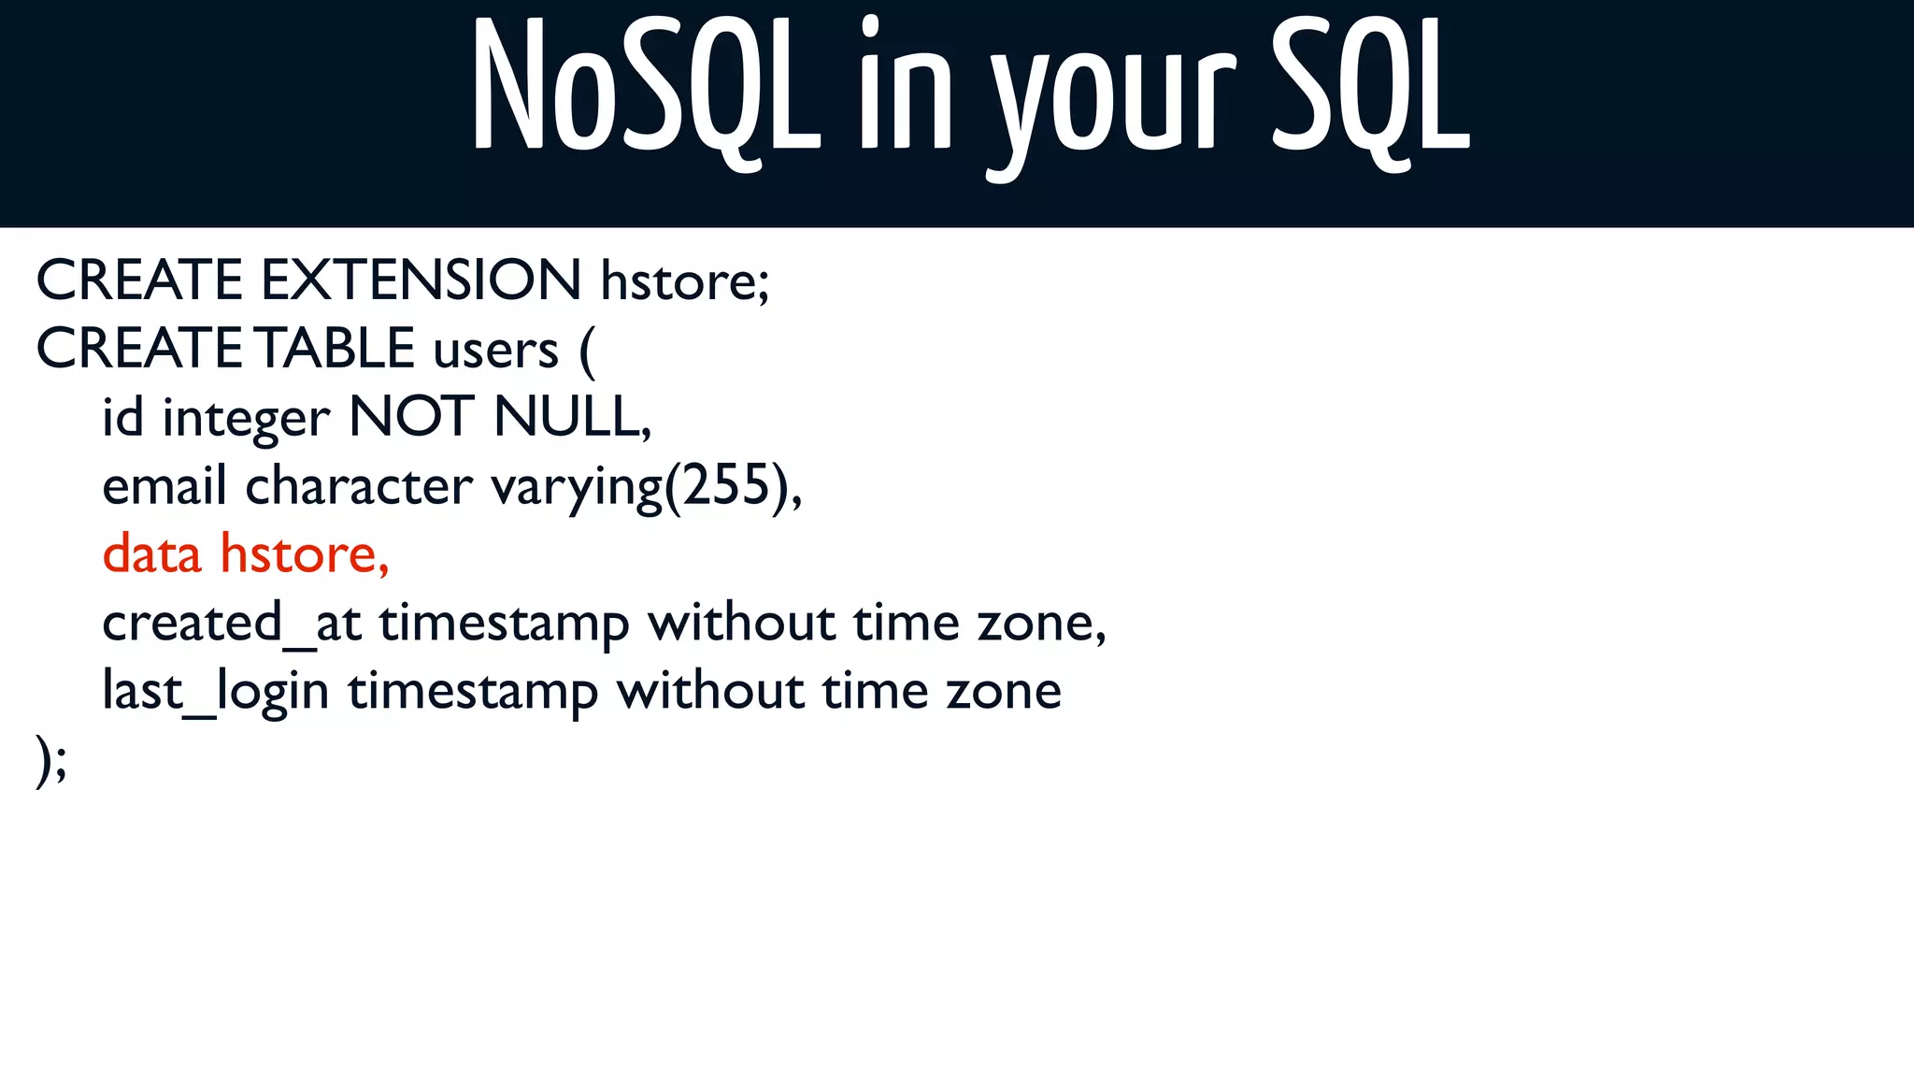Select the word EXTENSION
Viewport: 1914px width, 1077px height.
pyautogui.click(x=421, y=280)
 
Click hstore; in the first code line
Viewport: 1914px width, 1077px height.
pyautogui.click(x=685, y=280)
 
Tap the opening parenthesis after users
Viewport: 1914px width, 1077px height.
pyautogui.click(x=587, y=351)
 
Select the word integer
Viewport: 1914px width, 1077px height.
pyautogui.click(x=246, y=418)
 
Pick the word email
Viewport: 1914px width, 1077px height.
pyautogui.click(x=164, y=486)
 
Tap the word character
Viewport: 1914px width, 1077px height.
pyautogui.click(x=359, y=486)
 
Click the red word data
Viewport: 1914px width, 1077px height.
pyautogui.click(x=151, y=553)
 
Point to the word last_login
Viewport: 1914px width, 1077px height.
pyautogui.click(x=215, y=692)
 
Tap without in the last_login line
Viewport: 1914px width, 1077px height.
pyautogui.click(x=709, y=691)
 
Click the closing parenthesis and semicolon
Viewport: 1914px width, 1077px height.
pyautogui.click(x=51, y=759)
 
